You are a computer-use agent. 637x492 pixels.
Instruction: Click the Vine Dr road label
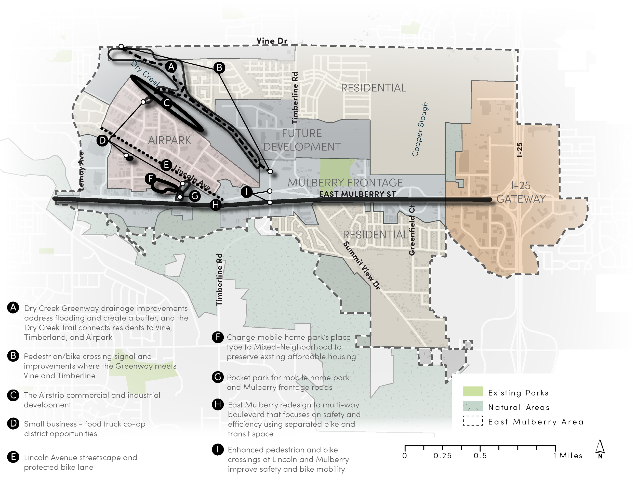[x=272, y=41]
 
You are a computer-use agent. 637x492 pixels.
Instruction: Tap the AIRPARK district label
[x=169, y=140]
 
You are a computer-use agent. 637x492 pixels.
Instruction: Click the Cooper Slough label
[x=420, y=129]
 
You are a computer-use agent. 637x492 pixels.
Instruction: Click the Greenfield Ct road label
[x=412, y=230]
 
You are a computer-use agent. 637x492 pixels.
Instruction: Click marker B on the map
[x=219, y=68]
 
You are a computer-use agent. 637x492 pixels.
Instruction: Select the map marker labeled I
[x=247, y=192]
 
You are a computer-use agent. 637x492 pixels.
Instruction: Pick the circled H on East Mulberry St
[x=216, y=205]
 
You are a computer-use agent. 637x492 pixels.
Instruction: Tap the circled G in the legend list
[x=218, y=377]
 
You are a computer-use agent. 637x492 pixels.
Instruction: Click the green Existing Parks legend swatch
[x=472, y=391]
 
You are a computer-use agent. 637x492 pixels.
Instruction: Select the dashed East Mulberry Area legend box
[x=472, y=422]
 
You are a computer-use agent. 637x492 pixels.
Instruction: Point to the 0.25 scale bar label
[x=442, y=456]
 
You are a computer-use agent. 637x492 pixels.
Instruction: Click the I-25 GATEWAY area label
[x=521, y=192]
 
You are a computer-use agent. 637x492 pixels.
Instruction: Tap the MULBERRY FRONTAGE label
[x=345, y=183]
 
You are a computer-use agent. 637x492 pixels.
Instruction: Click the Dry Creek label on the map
[x=145, y=74]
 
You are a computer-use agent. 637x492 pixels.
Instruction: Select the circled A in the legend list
[x=13, y=308]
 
